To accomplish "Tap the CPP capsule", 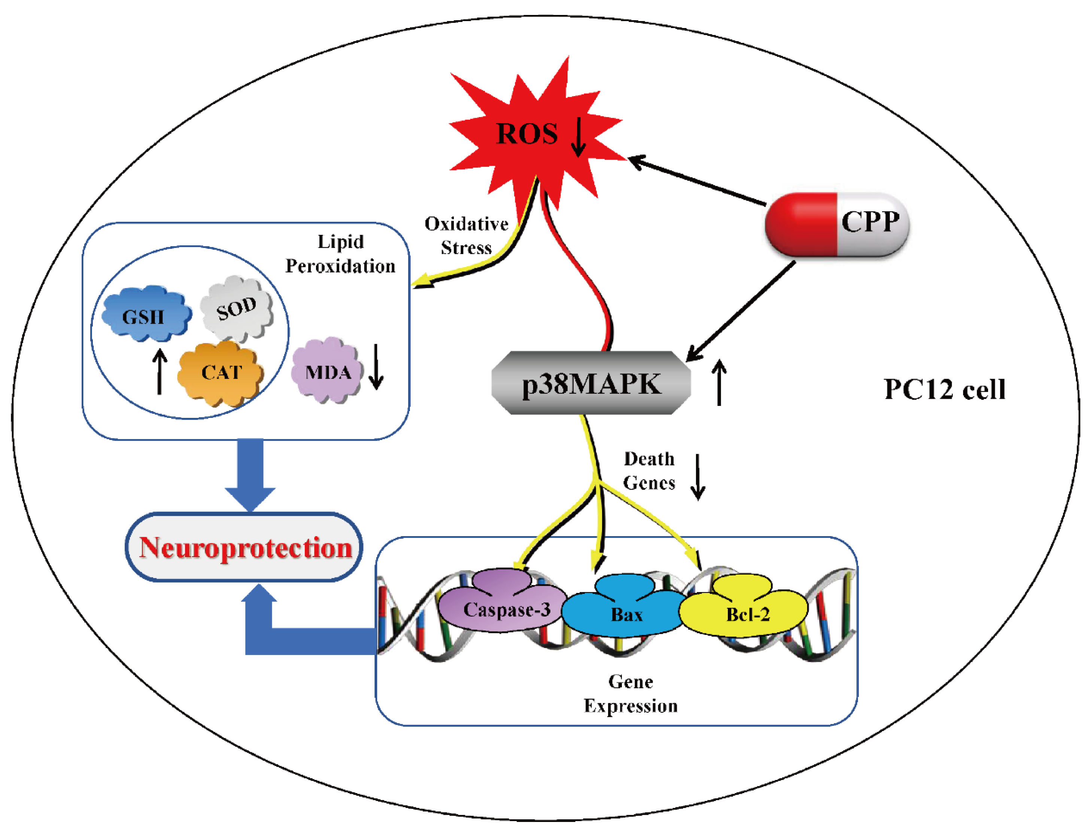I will [x=836, y=224].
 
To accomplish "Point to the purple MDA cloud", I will [x=327, y=371].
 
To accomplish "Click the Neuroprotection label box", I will [x=244, y=548].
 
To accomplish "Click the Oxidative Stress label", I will [x=466, y=235].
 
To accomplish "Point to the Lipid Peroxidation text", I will [x=340, y=253].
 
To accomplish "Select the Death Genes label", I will [x=649, y=470].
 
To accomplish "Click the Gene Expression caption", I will [x=630, y=693].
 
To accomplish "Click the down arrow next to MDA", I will [x=376, y=367].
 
